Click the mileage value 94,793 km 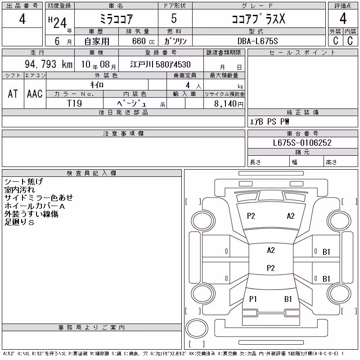[49, 64]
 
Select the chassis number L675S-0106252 [302, 143]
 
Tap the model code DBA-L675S [257, 41]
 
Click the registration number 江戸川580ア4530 [160, 64]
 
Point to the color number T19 [74, 103]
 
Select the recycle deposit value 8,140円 [229, 104]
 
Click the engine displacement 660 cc [143, 41]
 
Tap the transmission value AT [13, 94]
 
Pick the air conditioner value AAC [35, 94]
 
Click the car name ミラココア [116, 19]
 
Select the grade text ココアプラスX [258, 19]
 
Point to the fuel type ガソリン [175, 41]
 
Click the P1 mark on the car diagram [253, 299]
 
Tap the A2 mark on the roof [271, 250]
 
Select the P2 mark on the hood [251, 216]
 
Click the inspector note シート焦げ [24, 181]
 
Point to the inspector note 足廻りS [19, 222]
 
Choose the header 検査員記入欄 [91, 173]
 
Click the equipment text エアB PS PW [269, 121]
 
